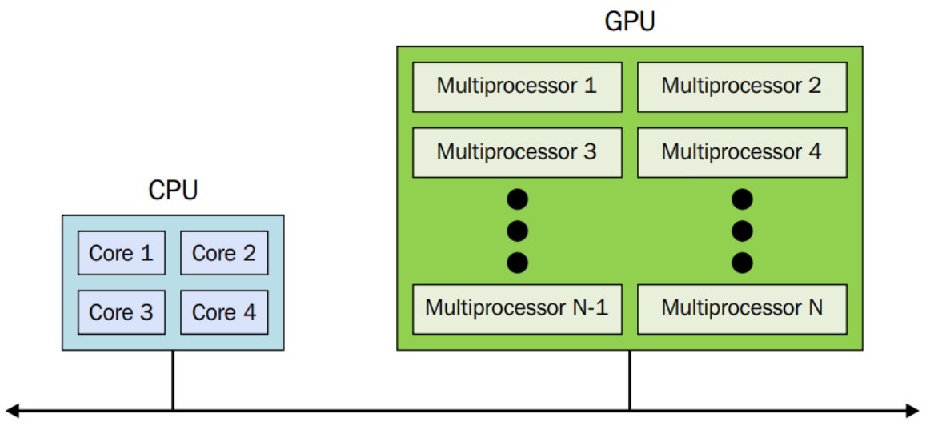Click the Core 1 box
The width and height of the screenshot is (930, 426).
click(121, 254)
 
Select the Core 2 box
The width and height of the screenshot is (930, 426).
click(224, 254)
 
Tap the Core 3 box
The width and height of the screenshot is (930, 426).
click(121, 312)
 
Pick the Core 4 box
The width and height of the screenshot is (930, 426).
click(224, 312)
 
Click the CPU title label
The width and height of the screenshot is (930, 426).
click(173, 191)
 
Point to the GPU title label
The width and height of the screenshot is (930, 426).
click(630, 22)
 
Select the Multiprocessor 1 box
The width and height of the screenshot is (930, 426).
click(517, 86)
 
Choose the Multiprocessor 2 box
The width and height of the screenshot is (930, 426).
click(742, 86)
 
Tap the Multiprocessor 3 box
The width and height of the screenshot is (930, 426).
click(517, 151)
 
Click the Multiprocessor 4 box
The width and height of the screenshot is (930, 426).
click(742, 151)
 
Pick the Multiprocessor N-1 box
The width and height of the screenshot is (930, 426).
click(517, 307)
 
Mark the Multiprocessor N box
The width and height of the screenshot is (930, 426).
click(742, 307)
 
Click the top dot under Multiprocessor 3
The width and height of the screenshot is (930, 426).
click(518, 199)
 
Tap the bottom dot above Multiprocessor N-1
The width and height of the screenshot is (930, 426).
click(518, 262)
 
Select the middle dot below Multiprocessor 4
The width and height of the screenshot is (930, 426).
click(743, 231)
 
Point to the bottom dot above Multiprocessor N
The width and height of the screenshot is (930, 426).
click(743, 262)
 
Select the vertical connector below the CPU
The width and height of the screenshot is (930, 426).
click(173, 380)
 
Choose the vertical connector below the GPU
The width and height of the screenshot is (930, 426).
click(630, 380)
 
